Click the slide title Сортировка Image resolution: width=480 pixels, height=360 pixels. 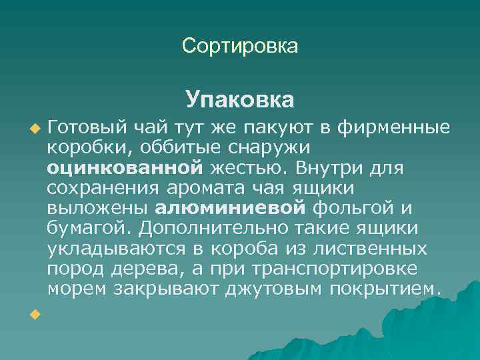click(x=240, y=46)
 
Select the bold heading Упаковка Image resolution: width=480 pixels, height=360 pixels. click(x=240, y=100)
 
